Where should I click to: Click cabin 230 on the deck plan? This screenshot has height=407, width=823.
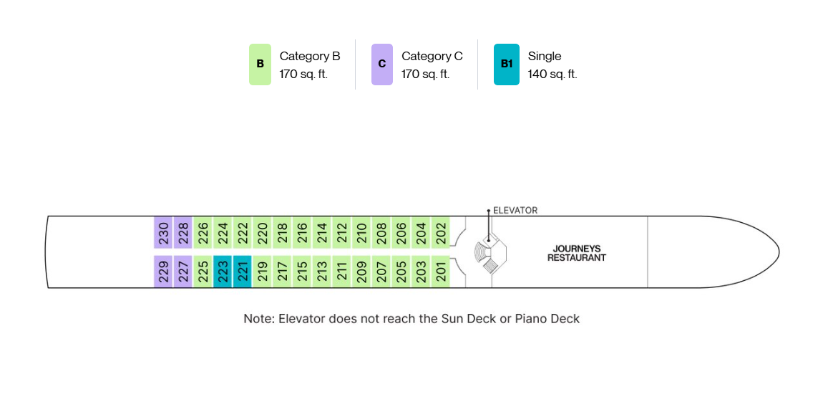pyautogui.click(x=163, y=232)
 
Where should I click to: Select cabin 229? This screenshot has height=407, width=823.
pyautogui.click(x=163, y=272)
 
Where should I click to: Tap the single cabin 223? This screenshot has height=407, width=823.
pyautogui.click(x=223, y=272)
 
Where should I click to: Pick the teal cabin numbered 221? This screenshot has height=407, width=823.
pyautogui.click(x=243, y=272)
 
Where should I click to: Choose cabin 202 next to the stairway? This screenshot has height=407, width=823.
pyautogui.click(x=441, y=232)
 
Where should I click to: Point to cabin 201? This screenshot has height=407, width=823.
pyautogui.click(x=441, y=272)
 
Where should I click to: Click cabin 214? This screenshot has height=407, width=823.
pyautogui.click(x=322, y=232)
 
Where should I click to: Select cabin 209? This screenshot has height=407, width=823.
pyautogui.click(x=361, y=272)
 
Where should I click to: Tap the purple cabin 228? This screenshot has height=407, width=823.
pyautogui.click(x=183, y=232)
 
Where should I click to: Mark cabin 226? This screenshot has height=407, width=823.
pyautogui.click(x=203, y=232)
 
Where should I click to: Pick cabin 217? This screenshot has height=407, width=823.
pyautogui.click(x=283, y=272)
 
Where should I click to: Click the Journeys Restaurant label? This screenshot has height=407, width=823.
pyautogui.click(x=576, y=253)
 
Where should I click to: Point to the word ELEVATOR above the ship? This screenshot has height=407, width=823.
pyautogui.click(x=515, y=211)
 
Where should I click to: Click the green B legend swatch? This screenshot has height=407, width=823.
pyautogui.click(x=260, y=64)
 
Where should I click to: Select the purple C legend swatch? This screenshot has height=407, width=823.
pyautogui.click(x=382, y=64)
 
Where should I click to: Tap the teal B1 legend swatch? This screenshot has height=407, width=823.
pyautogui.click(x=507, y=64)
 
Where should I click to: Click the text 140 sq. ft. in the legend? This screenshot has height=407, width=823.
pyautogui.click(x=552, y=74)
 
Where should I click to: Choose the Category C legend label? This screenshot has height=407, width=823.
pyautogui.click(x=432, y=57)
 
